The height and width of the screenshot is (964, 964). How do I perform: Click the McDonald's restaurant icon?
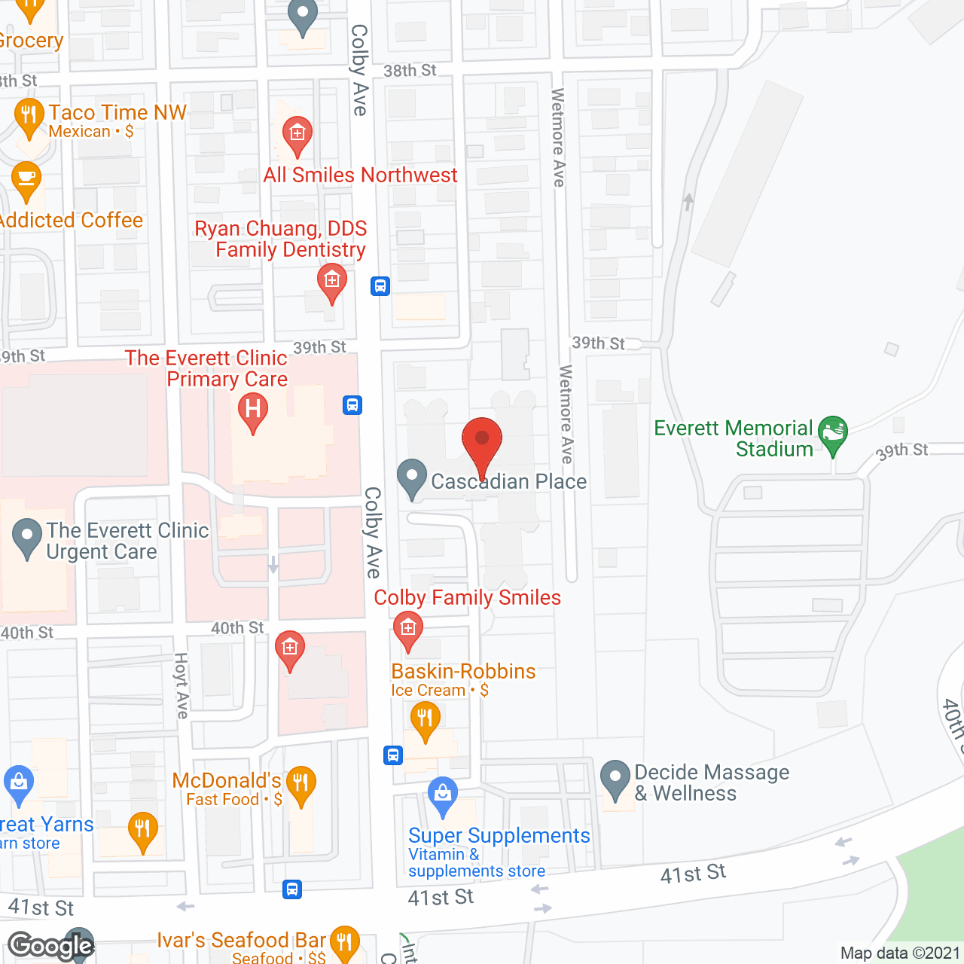coord(300,784)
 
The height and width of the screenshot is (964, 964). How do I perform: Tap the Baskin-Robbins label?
coord(463,671)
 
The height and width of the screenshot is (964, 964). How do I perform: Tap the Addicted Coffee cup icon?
coord(26,179)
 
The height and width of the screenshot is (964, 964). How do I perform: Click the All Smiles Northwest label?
coord(360,175)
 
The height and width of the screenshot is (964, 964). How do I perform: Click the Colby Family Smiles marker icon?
coord(408,629)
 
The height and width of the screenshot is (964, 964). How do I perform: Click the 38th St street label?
coord(410,71)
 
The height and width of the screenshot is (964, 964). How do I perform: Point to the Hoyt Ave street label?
coord(182,685)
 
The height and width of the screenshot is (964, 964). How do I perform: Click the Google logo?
coord(50,946)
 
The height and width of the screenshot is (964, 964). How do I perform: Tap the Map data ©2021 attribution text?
coord(900,953)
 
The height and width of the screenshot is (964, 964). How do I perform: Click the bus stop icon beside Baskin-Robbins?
coord(393,755)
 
